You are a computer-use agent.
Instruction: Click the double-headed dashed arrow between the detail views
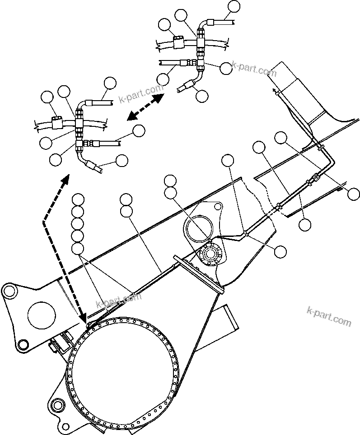[x=145, y=107]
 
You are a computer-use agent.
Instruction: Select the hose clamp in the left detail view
[x=56, y=121]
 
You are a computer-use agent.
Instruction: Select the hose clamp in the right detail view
[x=177, y=42]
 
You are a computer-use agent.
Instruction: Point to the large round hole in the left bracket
[x=42, y=314]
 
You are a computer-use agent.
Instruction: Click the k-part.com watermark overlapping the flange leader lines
[x=118, y=299]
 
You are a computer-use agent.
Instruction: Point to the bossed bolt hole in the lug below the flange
[x=57, y=404]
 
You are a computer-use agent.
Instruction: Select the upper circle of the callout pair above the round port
[x=170, y=181]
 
